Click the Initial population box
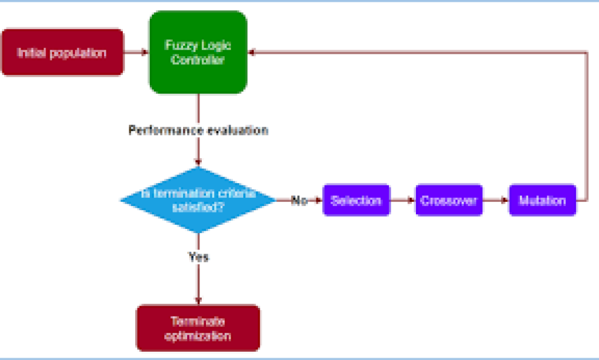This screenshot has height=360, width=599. pyautogui.click(x=63, y=53)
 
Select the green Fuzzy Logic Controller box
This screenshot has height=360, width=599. pyautogui.click(x=198, y=52)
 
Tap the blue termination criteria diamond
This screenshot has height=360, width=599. pyautogui.click(x=198, y=200)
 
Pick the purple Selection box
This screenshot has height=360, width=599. pyautogui.click(x=356, y=200)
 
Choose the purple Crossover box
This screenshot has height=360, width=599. pyautogui.click(x=449, y=200)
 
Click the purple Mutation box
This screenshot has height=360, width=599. pyautogui.click(x=542, y=200)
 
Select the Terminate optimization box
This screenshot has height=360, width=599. pyautogui.click(x=198, y=328)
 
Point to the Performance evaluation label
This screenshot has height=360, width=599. pyautogui.click(x=198, y=130)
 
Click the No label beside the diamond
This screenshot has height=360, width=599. pyautogui.click(x=299, y=200)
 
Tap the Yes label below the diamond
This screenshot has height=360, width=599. pyautogui.click(x=198, y=256)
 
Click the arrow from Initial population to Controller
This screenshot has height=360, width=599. pyautogui.click(x=136, y=53)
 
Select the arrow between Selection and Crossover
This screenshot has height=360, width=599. pyautogui.click(x=402, y=200)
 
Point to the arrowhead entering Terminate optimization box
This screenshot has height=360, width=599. pyautogui.click(x=198, y=300)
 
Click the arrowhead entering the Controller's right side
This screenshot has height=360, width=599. pyautogui.click(x=252, y=53)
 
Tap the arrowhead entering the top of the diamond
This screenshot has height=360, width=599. pyautogui.click(x=198, y=163)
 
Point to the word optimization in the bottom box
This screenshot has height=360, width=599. pyautogui.click(x=198, y=337)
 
